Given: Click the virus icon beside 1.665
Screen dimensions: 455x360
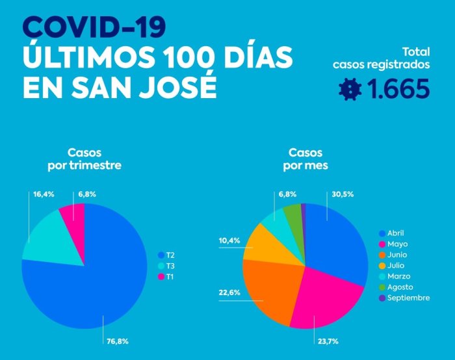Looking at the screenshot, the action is click(350, 89).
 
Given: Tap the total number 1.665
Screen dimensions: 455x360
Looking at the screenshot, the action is click(398, 88).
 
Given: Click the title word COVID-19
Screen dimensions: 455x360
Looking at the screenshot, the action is click(94, 27).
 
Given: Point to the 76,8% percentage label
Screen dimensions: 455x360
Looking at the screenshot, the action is click(118, 341).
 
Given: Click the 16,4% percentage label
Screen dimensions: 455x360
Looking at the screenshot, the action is click(44, 194).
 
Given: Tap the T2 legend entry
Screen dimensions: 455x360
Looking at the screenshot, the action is click(166, 255).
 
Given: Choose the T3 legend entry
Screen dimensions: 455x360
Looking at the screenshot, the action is click(166, 266).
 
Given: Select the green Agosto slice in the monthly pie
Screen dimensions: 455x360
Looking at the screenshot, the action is click(293, 214).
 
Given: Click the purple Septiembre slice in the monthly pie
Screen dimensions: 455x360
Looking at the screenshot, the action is click(304, 214).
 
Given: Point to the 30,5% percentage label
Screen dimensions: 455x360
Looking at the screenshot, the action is click(343, 194).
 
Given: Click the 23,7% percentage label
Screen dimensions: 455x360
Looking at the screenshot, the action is click(328, 341).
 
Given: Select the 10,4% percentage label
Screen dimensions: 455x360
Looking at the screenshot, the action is click(229, 240).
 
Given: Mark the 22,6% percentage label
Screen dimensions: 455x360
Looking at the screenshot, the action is click(229, 292).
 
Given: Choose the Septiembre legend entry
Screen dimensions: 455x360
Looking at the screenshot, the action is click(404, 298).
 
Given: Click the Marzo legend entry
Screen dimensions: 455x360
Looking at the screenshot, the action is click(395, 276).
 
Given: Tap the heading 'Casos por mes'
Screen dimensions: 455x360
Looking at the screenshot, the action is click(305, 159).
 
